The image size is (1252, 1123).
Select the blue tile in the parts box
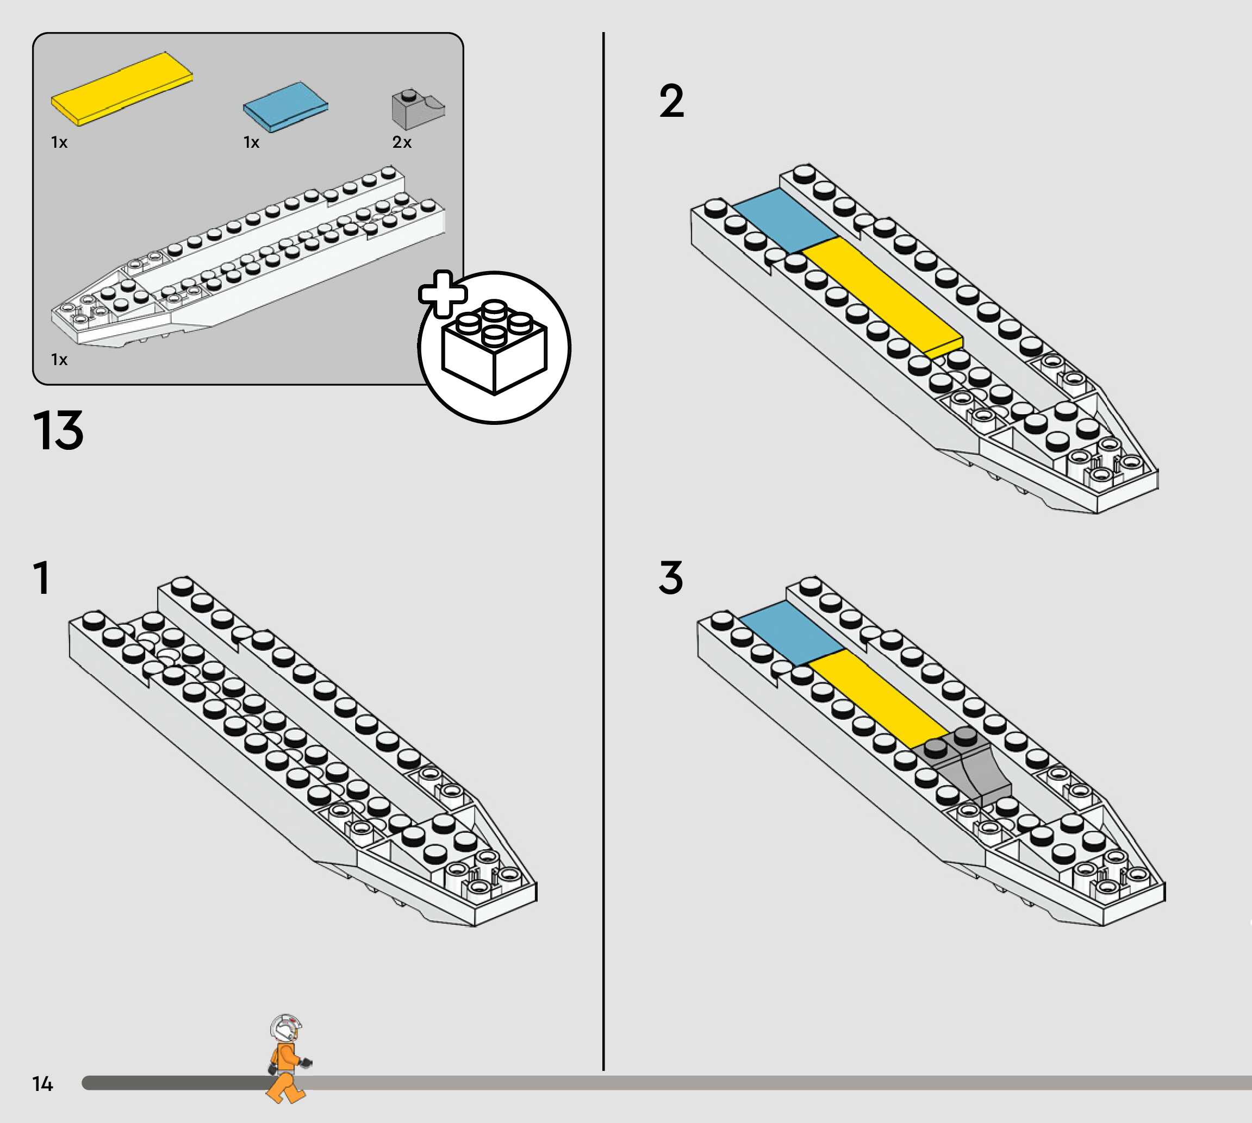285,106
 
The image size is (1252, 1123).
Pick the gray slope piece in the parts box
418,110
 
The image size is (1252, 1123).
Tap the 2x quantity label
402,142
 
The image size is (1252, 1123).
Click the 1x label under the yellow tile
59,142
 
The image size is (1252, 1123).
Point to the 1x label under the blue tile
251,142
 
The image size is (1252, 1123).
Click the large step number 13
58,431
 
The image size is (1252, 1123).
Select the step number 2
672,101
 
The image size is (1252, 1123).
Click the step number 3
671,578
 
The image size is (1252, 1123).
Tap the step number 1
42,578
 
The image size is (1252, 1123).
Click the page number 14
42,1083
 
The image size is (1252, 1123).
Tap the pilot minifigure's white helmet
285,1028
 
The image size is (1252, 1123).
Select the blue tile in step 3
792,632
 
